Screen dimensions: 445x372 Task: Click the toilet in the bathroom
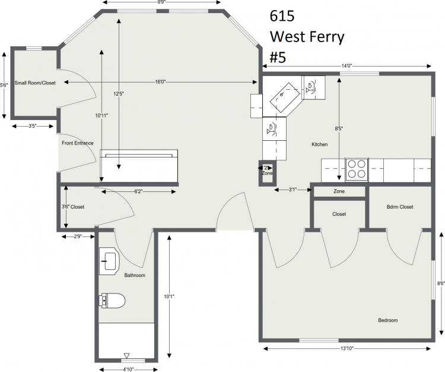click(112, 300)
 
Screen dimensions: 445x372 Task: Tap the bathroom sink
click(109, 261)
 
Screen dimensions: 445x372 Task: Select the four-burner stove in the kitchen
click(357, 170)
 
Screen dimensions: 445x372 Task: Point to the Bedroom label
click(387, 320)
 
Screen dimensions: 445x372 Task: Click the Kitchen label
click(320, 144)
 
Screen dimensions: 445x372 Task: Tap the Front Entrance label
click(78, 143)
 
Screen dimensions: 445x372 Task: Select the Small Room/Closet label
click(35, 83)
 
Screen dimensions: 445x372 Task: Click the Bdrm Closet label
click(400, 207)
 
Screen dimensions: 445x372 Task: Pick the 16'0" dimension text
click(160, 82)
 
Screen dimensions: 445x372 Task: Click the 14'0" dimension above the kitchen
click(347, 66)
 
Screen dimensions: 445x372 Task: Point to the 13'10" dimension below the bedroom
click(347, 348)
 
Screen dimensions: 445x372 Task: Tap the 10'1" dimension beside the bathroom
click(169, 297)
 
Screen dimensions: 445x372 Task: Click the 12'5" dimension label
click(119, 93)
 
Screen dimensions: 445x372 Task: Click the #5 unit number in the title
click(278, 57)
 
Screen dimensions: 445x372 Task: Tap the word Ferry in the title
click(328, 37)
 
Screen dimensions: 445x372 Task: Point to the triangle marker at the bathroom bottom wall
click(127, 355)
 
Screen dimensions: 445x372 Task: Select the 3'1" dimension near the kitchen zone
click(293, 190)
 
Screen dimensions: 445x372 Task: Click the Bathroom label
click(135, 275)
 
